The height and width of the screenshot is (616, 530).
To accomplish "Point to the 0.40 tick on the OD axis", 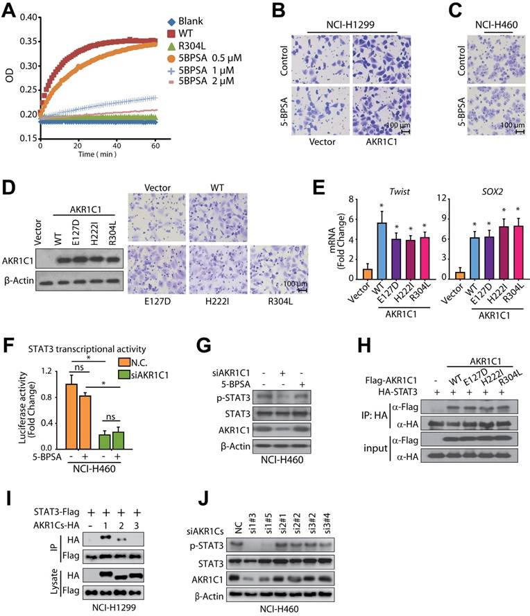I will pos(26,17).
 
